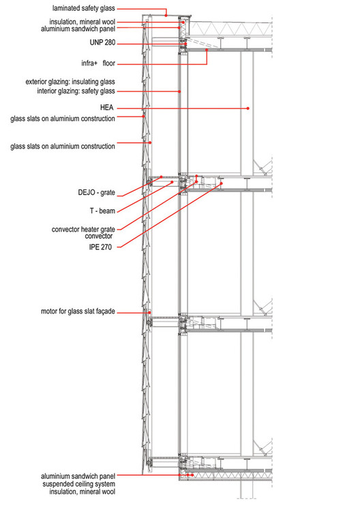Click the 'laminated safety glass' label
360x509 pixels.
(x=83, y=8)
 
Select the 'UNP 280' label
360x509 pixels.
(x=102, y=42)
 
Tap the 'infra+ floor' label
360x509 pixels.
(x=98, y=63)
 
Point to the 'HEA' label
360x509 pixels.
(x=106, y=108)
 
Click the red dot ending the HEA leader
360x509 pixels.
(x=248, y=108)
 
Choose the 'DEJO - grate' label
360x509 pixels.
(x=97, y=193)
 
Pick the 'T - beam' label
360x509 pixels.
(x=102, y=211)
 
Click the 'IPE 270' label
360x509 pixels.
(x=100, y=247)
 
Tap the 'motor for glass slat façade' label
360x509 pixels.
(x=78, y=311)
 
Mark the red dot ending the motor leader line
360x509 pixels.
(x=149, y=312)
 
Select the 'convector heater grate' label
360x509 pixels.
(x=83, y=230)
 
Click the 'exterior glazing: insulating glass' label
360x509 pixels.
(x=70, y=82)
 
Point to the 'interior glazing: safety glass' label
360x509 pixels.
(x=76, y=91)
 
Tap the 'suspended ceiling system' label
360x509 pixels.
(x=78, y=484)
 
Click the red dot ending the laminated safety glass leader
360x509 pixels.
(x=166, y=15)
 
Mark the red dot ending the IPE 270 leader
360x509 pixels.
(x=222, y=183)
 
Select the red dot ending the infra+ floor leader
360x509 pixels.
(x=207, y=50)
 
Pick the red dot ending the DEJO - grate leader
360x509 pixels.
(x=161, y=177)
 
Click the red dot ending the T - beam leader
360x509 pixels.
(x=172, y=182)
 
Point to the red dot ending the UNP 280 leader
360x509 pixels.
(x=186, y=44)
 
